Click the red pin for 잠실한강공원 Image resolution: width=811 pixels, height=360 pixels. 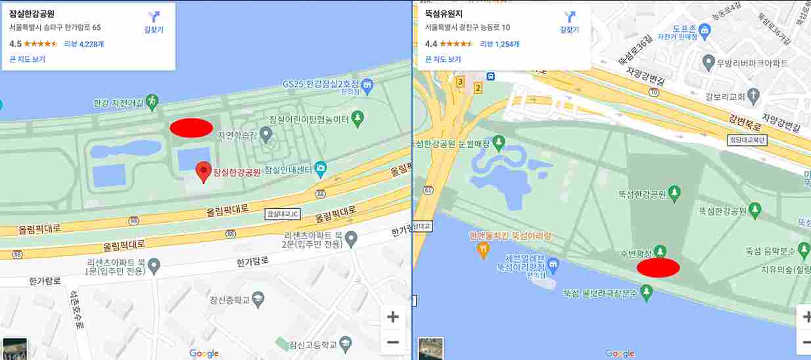[x=204, y=171]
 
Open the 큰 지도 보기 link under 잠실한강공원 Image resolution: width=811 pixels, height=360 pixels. [x=27, y=59]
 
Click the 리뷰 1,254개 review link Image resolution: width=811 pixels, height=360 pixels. [x=499, y=44]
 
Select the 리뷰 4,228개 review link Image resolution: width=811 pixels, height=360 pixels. [x=84, y=44]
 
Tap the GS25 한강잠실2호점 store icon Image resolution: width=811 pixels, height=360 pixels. [x=367, y=85]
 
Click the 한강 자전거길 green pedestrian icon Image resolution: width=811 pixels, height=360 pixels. [x=152, y=101]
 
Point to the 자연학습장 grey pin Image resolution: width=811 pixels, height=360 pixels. [x=266, y=135]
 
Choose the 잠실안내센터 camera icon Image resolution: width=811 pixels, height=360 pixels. [x=320, y=168]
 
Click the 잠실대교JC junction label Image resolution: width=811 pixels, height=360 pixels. [x=282, y=214]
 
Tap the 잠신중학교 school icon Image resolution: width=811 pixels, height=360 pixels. [x=258, y=300]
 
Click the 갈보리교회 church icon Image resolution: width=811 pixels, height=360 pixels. [x=754, y=97]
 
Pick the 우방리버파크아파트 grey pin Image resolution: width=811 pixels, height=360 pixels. [x=708, y=63]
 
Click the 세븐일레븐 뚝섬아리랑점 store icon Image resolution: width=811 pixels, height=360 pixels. [x=553, y=264]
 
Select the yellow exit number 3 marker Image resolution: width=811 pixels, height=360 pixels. [x=460, y=81]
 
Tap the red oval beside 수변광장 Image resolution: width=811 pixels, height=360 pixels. [x=658, y=267]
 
